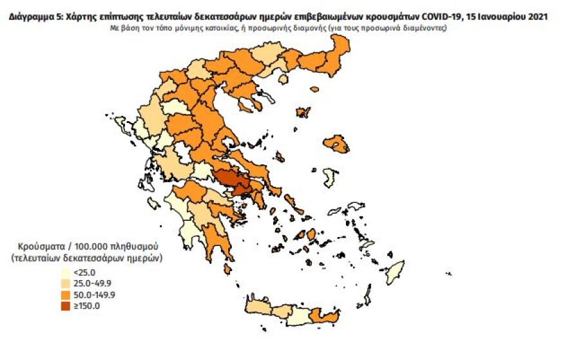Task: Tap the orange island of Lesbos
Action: tap(336, 144)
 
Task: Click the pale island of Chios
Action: tap(330, 177)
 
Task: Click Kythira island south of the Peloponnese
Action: tap(227, 269)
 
